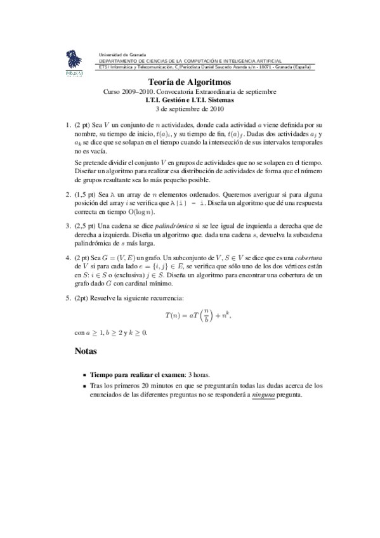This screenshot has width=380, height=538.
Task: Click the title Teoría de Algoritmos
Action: (x=190, y=82)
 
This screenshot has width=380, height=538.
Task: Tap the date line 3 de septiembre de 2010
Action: (x=190, y=108)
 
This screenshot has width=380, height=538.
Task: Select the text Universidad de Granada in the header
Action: (x=122, y=55)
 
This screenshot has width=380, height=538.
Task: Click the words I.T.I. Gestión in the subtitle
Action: (x=167, y=100)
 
